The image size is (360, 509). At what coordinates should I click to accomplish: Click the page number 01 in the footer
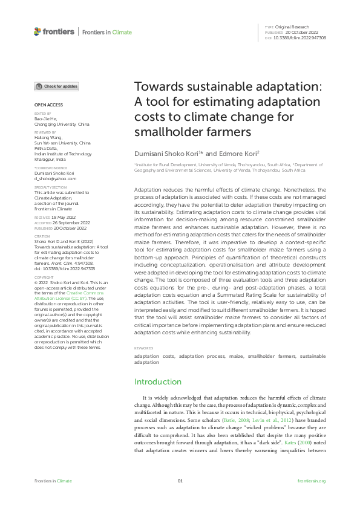tap(180, 481)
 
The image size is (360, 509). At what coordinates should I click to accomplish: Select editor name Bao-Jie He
tap(45, 119)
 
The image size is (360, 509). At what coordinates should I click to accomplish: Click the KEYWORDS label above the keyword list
tap(143, 349)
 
